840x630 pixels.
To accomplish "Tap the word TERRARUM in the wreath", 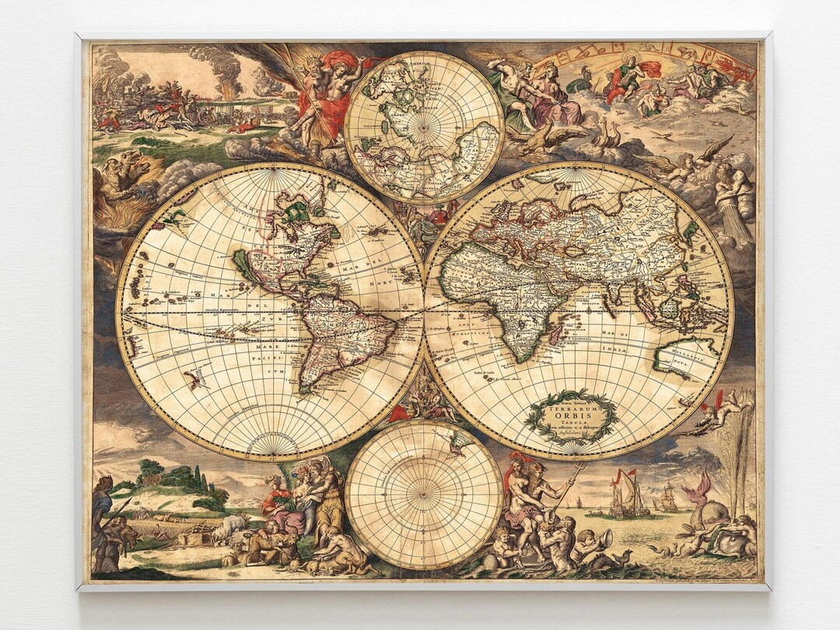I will [572, 406].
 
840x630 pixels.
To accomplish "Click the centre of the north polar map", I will [424, 127].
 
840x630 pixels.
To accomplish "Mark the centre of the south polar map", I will [424, 495].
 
